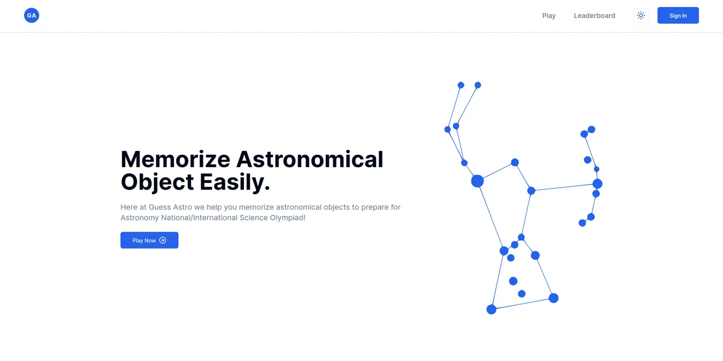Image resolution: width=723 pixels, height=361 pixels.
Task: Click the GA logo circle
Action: [x=32, y=16]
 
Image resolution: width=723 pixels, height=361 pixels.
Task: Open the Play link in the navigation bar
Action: [x=548, y=16]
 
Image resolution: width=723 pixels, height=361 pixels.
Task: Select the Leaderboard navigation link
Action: [x=594, y=16]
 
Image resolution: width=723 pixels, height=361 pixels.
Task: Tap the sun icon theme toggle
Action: [x=641, y=16]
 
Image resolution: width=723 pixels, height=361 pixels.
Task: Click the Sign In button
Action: [x=678, y=16]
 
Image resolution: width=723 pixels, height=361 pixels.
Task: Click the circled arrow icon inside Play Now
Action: [x=163, y=240]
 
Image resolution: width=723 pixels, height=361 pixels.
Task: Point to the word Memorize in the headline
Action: [x=175, y=159]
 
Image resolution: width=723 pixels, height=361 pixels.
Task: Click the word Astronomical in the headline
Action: [x=310, y=159]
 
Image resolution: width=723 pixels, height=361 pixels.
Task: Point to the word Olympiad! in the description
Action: [x=288, y=218]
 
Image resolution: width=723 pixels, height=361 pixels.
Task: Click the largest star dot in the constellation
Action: [x=477, y=181]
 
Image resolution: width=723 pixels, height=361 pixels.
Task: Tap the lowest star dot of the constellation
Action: [x=491, y=309]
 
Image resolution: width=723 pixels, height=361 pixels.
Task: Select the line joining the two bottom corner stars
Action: [x=522, y=303]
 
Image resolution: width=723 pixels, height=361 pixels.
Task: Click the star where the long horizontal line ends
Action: [x=597, y=184]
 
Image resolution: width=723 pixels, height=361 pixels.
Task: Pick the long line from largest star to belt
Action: [x=490, y=215]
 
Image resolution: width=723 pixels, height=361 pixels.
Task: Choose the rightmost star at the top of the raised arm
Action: [x=478, y=85]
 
